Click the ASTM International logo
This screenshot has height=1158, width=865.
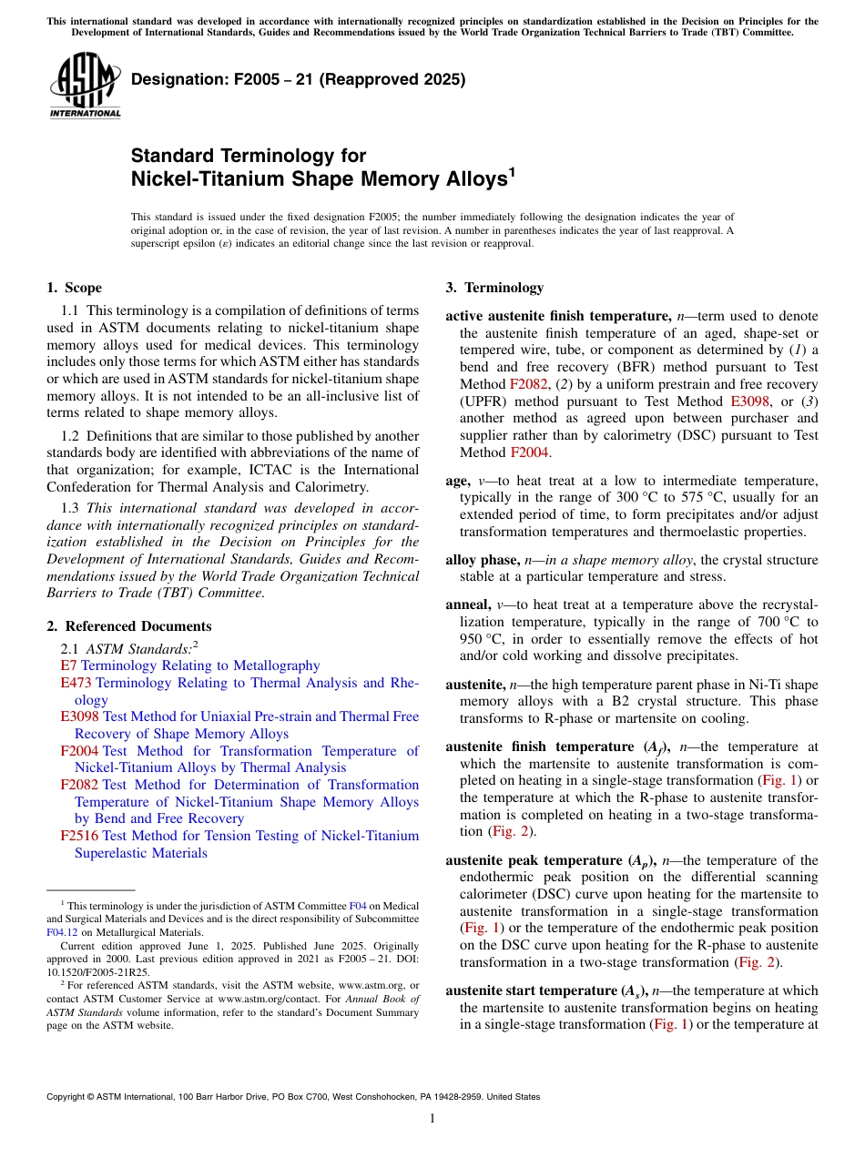(84, 86)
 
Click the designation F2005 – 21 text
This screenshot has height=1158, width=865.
(298, 79)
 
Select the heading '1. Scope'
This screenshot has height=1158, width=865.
(74, 288)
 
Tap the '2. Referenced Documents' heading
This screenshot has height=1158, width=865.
(128, 626)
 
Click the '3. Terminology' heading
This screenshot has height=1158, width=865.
(494, 288)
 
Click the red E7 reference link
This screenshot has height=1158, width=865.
(67, 666)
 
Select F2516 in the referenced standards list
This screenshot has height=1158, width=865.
(80, 836)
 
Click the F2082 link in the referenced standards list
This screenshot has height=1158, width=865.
(80, 785)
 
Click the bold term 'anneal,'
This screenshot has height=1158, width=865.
(471, 605)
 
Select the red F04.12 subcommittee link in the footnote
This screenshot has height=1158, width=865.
(62, 932)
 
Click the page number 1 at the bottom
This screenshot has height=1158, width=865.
(432, 1118)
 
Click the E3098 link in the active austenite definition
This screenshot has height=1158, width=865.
(751, 401)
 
